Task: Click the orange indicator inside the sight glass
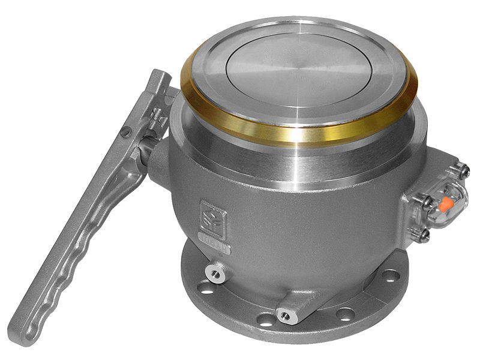pos(446,205)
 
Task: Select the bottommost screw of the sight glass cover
pos(424,236)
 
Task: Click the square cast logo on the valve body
pos(213,217)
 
